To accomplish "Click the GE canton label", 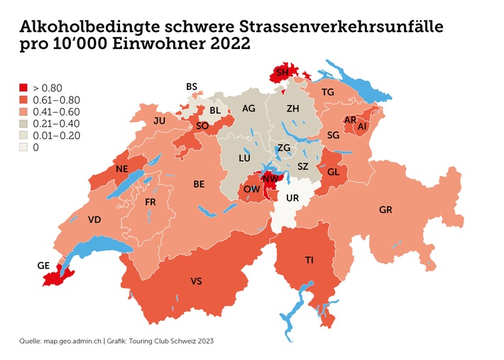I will click(44, 266).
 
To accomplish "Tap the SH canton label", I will click(283, 73).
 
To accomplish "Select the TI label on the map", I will click(309, 261).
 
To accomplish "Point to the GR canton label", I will click(386, 211).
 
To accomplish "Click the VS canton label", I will click(197, 282).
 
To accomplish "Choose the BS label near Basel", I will click(192, 87).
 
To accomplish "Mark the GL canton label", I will click(333, 172).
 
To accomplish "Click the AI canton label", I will click(363, 126).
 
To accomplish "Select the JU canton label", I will click(159, 121).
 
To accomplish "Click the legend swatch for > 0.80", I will click(23, 88).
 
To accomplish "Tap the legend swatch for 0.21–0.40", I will click(23, 124).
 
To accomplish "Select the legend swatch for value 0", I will click(23, 148).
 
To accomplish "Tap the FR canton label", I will click(150, 202).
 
